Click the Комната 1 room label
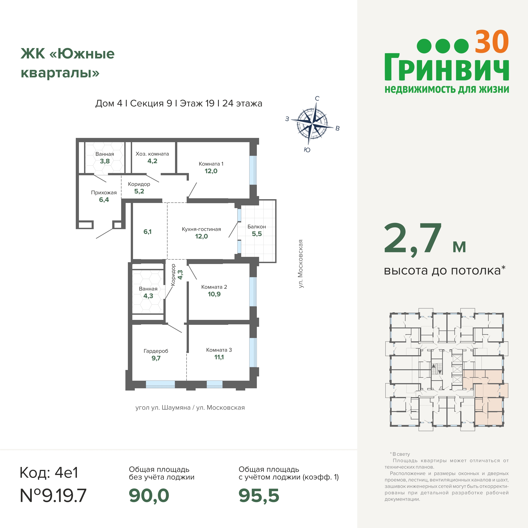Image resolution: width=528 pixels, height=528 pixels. click(x=211, y=164)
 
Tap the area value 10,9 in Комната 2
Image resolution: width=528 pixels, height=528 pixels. click(x=214, y=294)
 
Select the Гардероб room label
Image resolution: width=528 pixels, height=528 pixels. click(x=156, y=351)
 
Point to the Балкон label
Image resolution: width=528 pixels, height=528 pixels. click(x=257, y=227)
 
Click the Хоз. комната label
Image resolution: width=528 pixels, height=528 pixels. click(x=152, y=154)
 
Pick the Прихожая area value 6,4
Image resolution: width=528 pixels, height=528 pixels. click(x=104, y=200)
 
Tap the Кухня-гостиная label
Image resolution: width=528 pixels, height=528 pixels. click(x=201, y=229)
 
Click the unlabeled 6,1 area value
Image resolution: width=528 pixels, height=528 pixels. click(x=147, y=232)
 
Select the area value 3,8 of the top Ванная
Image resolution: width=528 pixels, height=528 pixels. click(x=105, y=161)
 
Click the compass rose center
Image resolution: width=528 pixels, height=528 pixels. click(x=312, y=124)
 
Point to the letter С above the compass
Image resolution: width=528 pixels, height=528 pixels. click(x=317, y=98)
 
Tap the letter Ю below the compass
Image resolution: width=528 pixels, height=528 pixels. click(x=307, y=150)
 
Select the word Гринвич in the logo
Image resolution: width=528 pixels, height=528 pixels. click(x=447, y=67)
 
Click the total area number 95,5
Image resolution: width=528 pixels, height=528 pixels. click(x=259, y=496)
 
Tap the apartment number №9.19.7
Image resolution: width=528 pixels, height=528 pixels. click(x=53, y=496)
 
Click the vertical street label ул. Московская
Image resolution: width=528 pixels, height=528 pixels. click(x=301, y=264)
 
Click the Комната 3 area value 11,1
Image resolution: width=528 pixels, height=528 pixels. click(x=219, y=357)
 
